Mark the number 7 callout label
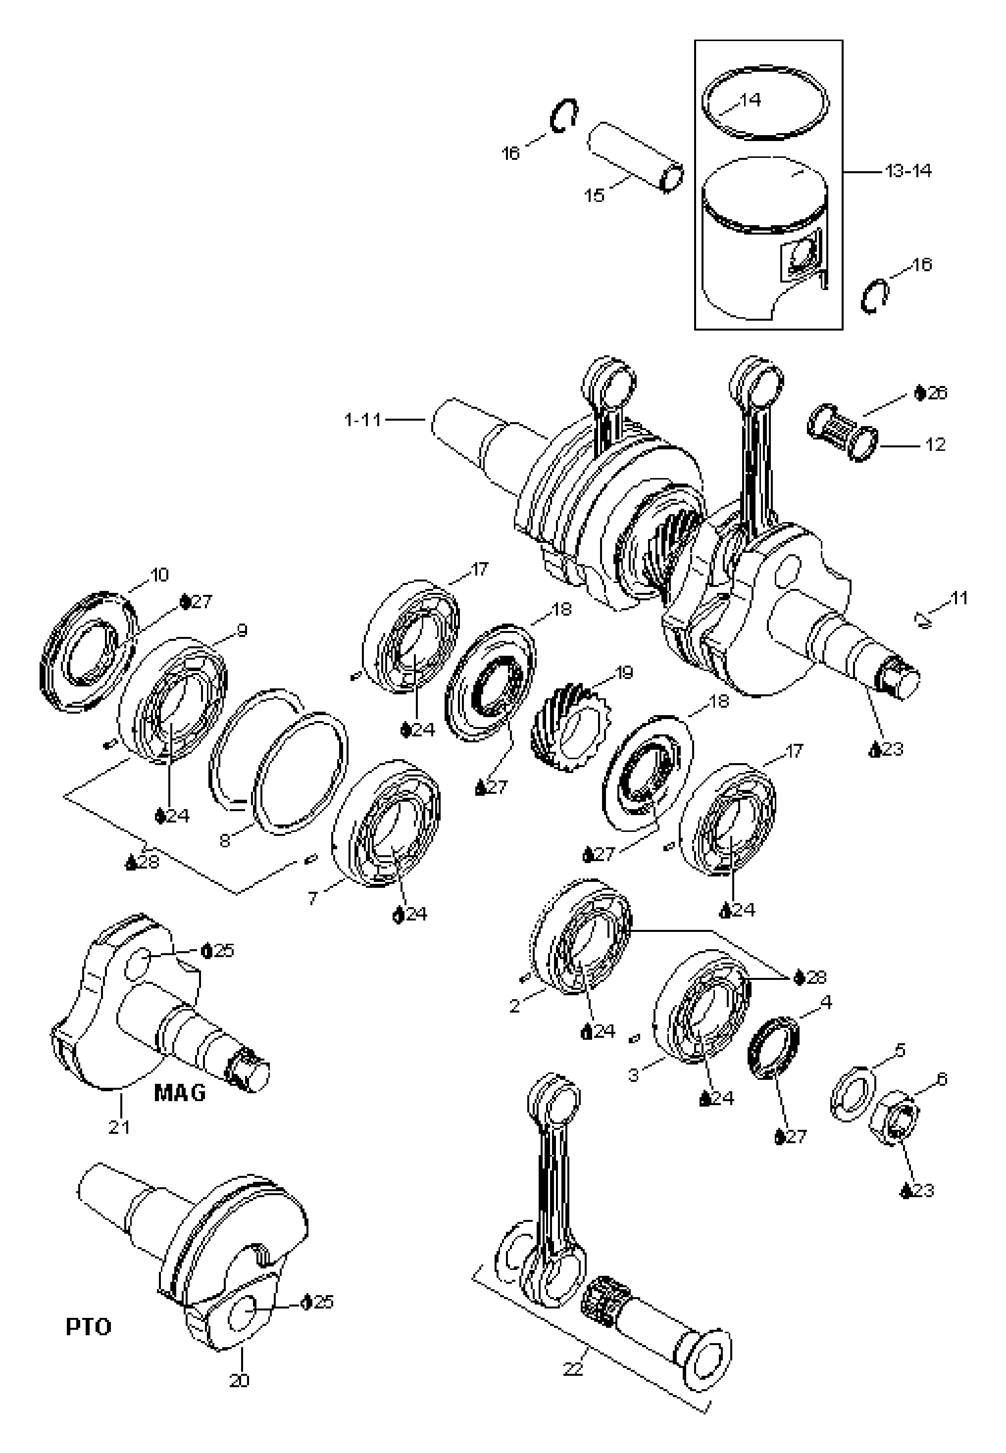pos(312,898)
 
